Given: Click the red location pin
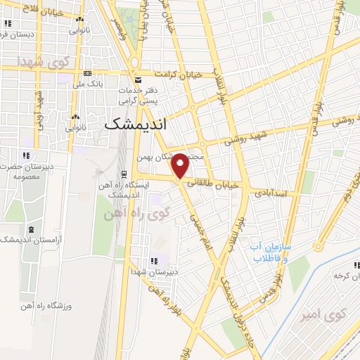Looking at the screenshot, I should coord(181,165).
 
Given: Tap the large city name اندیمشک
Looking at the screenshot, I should coord(146,124).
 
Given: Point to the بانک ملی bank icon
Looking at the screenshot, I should coord(87,73).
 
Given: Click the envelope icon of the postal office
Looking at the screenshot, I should coord(139,79).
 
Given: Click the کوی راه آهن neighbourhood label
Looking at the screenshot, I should coord(141,213).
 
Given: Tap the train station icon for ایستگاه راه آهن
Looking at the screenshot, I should coord(124,174).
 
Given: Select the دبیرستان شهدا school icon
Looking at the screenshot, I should coord(155,260).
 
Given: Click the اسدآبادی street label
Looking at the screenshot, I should coord(274,192).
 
